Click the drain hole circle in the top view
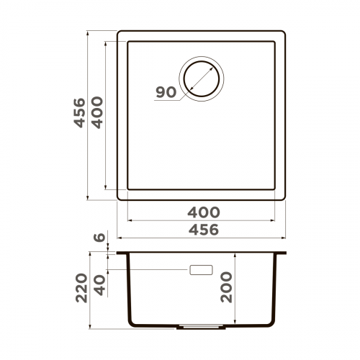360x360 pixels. [x=202, y=76]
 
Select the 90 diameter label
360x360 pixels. [x=165, y=91]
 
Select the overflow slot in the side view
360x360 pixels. [x=201, y=270]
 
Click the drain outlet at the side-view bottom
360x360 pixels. [x=201, y=325]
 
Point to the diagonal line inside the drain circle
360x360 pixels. [x=202, y=76]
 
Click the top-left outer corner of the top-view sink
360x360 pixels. [x=118, y=32]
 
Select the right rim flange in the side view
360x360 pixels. [x=282, y=253]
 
